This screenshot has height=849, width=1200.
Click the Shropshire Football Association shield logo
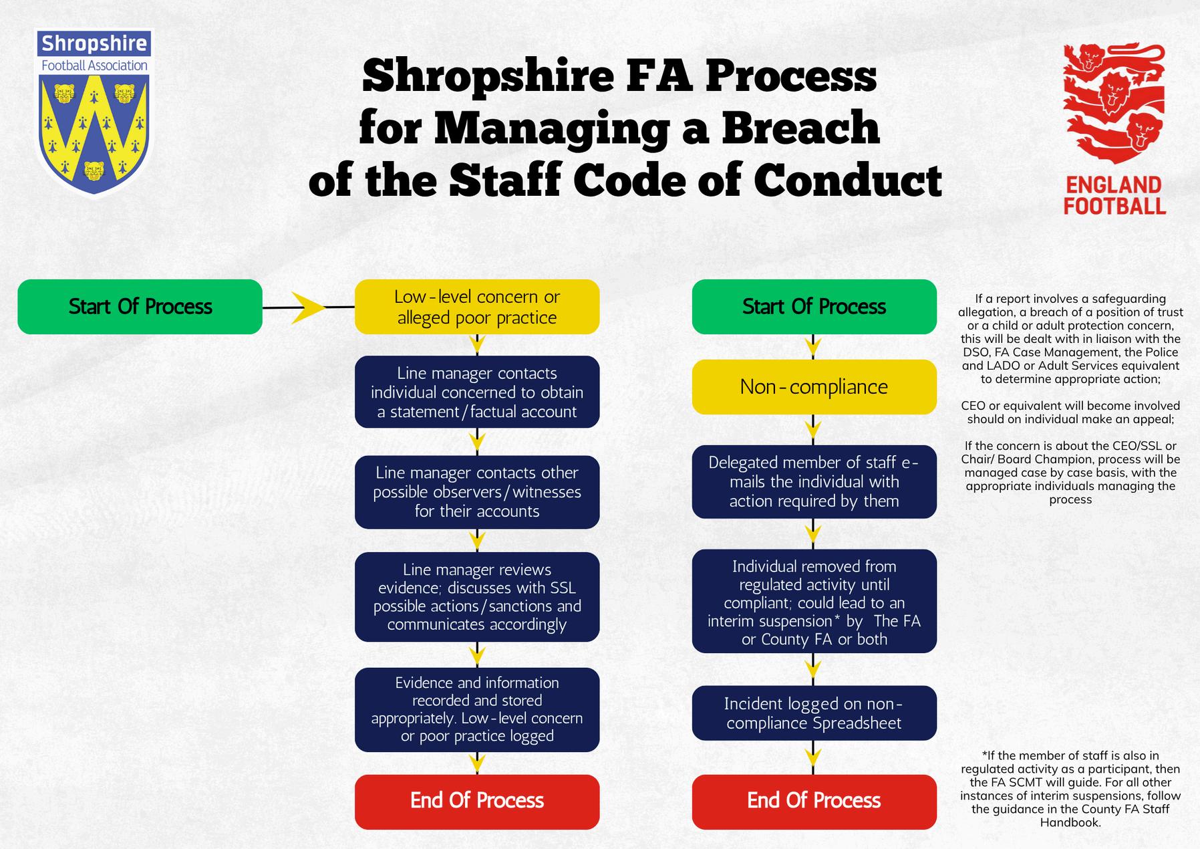[94, 114]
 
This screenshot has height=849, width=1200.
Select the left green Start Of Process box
[140, 307]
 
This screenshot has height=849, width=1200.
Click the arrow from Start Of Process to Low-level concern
[308, 308]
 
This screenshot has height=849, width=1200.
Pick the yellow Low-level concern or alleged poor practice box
[476, 307]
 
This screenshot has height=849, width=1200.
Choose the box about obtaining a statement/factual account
[476, 392]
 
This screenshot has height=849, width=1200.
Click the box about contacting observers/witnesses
[476, 492]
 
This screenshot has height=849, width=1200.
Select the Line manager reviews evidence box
[476, 597]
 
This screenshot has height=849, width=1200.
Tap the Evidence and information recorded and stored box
[476, 709]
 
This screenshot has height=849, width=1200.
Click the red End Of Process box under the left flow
[476, 801]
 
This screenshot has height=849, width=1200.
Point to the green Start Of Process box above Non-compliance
[814, 307]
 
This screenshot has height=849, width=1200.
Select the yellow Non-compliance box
[814, 387]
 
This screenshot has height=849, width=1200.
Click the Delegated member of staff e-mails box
[814, 482]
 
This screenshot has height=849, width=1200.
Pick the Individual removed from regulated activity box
[814, 602]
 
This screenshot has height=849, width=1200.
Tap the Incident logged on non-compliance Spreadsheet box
[814, 713]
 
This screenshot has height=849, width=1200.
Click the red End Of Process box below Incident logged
[814, 801]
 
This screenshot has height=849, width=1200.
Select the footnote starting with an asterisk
[1070, 789]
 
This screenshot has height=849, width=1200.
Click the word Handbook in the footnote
[1070, 822]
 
